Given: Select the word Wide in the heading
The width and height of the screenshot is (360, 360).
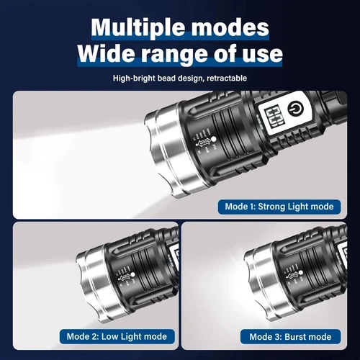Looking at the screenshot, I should [x=110, y=55].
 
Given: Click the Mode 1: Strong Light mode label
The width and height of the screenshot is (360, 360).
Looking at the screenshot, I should [x=278, y=207].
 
